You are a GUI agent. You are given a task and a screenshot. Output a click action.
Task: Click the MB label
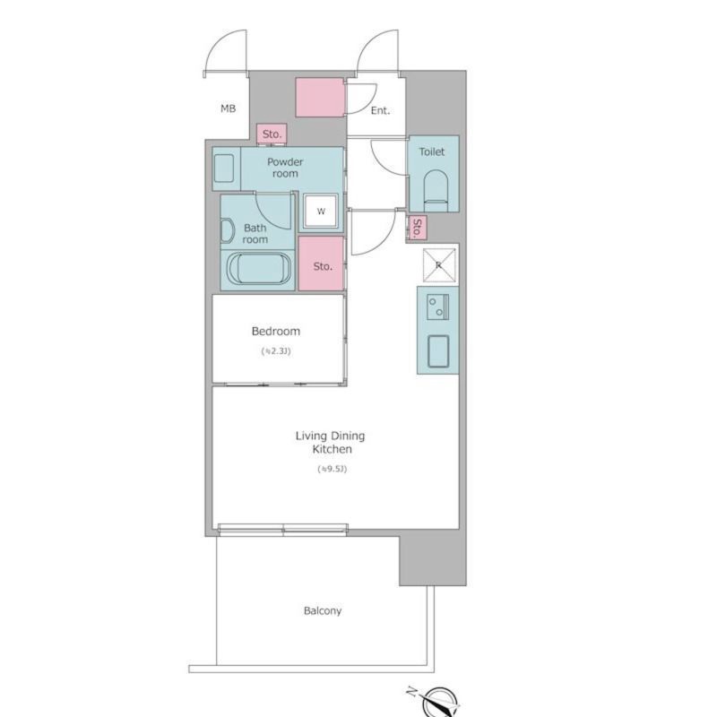(x=229, y=108)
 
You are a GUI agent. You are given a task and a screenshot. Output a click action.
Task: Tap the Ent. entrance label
(x=380, y=110)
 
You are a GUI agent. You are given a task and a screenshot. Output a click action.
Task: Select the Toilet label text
(x=432, y=151)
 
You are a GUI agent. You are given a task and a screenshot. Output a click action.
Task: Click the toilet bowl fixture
(x=436, y=191)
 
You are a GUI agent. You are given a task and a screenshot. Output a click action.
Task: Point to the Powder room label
(x=285, y=168)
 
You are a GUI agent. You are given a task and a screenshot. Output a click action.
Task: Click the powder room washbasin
(x=224, y=168)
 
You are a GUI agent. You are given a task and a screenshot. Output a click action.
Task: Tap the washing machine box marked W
(x=321, y=211)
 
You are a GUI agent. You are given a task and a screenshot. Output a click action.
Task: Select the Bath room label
(x=255, y=233)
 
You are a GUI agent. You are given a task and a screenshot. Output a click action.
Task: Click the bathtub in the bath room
(x=259, y=269)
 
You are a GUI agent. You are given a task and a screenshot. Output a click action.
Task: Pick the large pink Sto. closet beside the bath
(x=321, y=263)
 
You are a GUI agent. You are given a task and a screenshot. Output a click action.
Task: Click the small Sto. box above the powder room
(x=272, y=134)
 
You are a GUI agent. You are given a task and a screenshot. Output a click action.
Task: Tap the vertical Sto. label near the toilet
(x=417, y=228)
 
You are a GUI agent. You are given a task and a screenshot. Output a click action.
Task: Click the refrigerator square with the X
(x=439, y=265)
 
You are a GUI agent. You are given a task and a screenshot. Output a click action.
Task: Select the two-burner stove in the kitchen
(x=437, y=307)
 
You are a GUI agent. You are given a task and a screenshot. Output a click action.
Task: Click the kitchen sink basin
(x=438, y=351)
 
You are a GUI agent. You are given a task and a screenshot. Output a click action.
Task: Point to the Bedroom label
(x=276, y=331)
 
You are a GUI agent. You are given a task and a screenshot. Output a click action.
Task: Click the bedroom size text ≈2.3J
(x=276, y=351)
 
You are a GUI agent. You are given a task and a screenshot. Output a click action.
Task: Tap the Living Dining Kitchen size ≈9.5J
(x=332, y=469)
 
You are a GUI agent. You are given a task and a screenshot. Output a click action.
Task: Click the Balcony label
(x=323, y=611)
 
